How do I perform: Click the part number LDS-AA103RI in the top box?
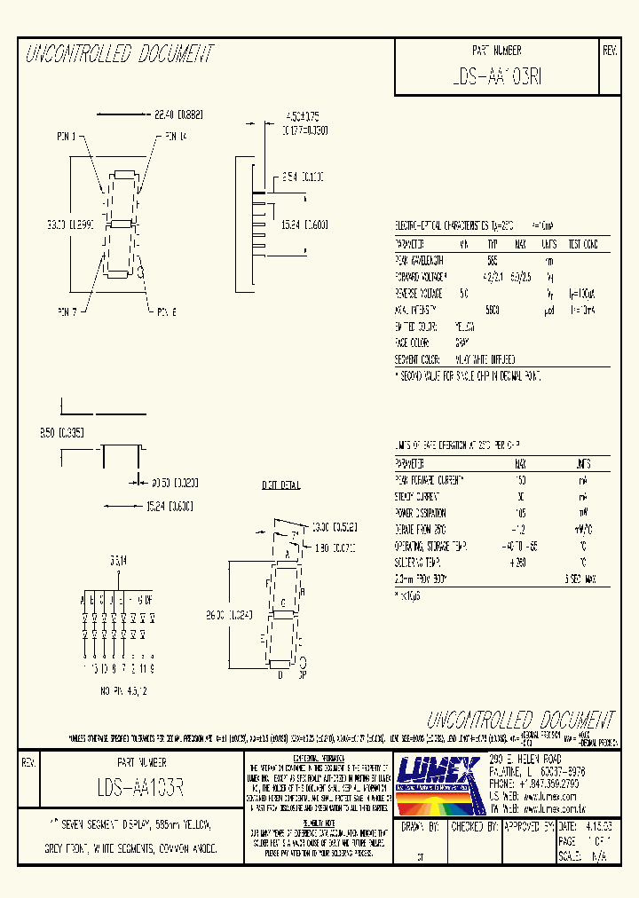coord(496,77)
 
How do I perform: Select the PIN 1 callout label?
coord(67,137)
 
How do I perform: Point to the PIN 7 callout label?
coord(67,311)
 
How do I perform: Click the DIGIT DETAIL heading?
coord(280,485)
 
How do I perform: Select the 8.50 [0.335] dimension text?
coord(60,433)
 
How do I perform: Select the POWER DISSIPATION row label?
coord(421,513)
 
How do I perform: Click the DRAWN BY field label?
coord(420,825)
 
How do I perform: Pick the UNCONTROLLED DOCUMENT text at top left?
coord(120,55)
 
